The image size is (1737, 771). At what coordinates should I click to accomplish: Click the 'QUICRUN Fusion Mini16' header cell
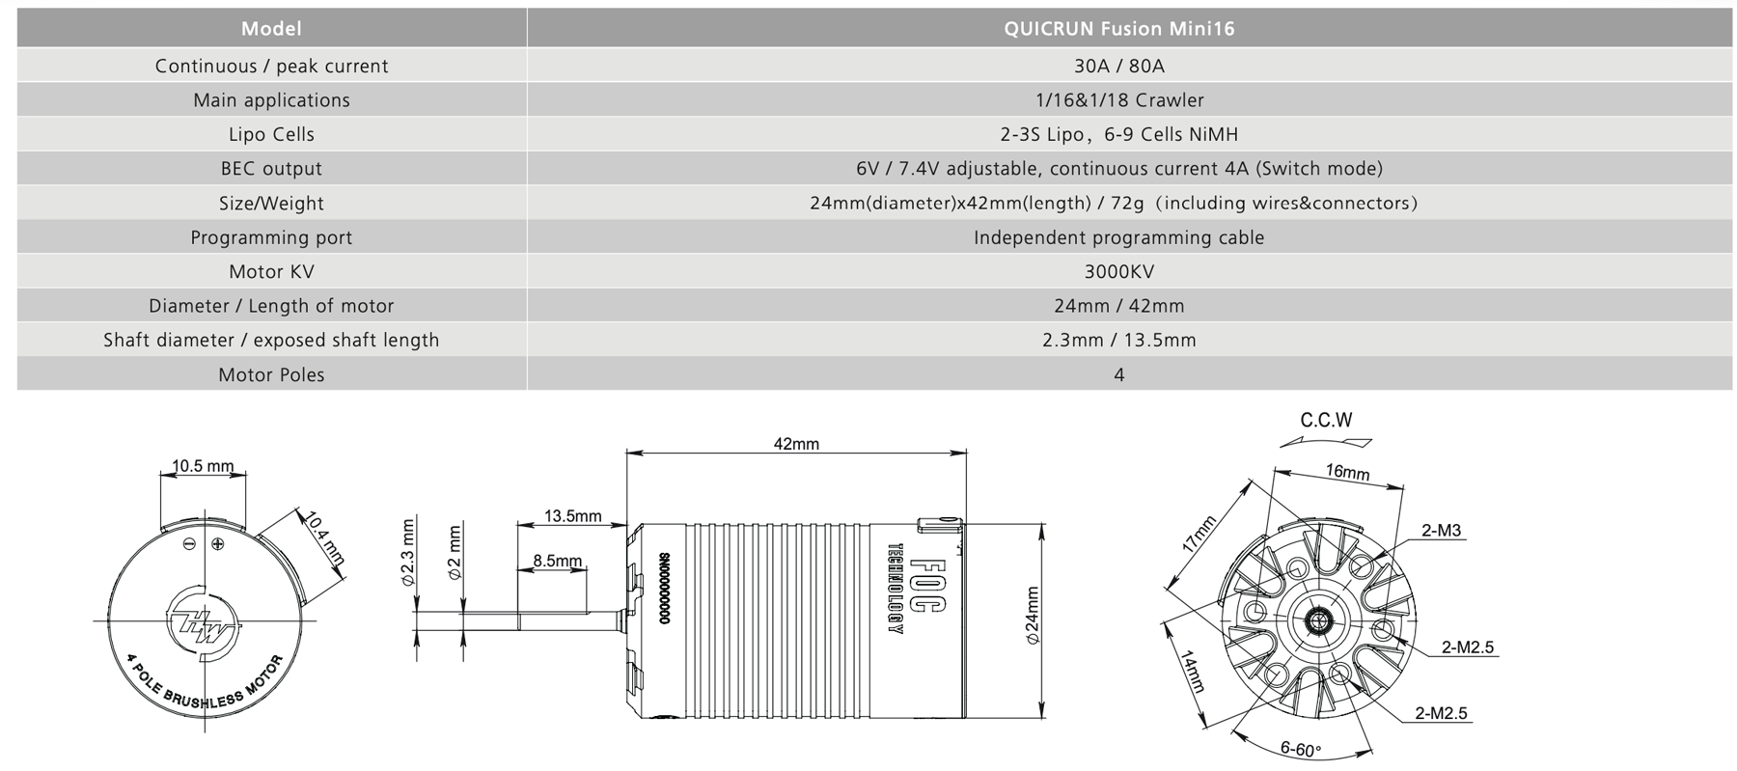tap(1118, 29)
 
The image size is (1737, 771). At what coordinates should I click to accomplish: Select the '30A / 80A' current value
tap(1118, 66)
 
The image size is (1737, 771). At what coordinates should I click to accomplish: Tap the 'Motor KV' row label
tap(271, 271)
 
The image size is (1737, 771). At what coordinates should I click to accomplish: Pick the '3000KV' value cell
tap(1118, 271)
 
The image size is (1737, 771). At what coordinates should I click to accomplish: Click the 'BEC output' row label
tap(271, 169)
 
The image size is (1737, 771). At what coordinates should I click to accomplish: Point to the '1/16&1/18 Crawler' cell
tap(1118, 100)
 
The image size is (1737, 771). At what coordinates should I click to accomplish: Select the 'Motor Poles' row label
tap(271, 374)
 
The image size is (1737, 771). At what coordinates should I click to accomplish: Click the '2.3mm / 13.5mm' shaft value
tap(1118, 340)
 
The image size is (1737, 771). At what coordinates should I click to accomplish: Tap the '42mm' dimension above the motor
tap(796, 444)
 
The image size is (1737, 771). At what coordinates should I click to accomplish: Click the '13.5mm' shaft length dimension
tap(572, 516)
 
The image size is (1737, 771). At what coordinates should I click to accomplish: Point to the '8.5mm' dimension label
tap(557, 561)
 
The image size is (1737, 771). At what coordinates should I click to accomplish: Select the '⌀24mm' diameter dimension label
tap(1032, 616)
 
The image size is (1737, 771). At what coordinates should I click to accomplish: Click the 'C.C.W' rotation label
tap(1326, 421)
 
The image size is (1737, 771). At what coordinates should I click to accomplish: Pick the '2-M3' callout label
tap(1441, 530)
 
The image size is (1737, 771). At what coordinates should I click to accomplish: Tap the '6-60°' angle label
tap(1300, 749)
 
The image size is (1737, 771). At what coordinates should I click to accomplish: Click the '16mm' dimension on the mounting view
tap(1347, 472)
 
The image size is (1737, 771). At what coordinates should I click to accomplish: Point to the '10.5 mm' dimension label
tap(203, 466)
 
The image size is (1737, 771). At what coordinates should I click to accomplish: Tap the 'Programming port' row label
tap(271, 237)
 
